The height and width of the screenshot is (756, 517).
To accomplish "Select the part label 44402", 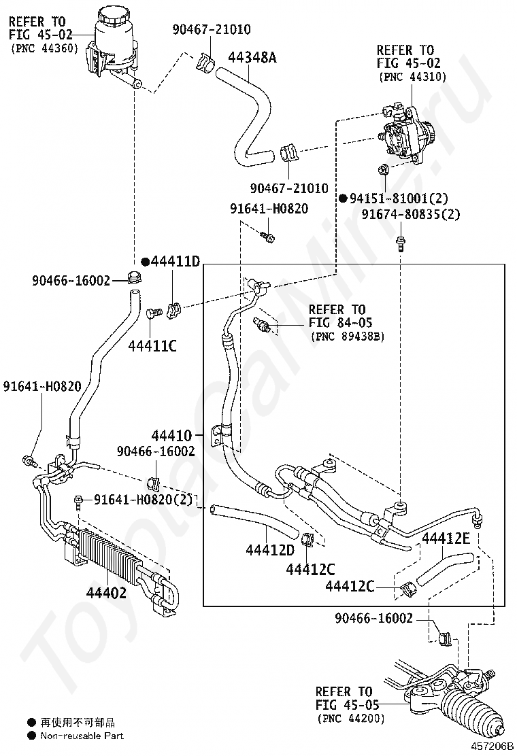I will click(x=106, y=592).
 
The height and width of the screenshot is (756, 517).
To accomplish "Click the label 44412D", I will click(x=270, y=549).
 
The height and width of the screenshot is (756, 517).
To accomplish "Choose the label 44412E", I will click(x=446, y=539).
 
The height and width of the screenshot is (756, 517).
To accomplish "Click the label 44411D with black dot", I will click(x=171, y=262).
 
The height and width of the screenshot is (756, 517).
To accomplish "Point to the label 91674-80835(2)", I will click(x=411, y=214).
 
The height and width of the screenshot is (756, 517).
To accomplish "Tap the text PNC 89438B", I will click(x=347, y=335).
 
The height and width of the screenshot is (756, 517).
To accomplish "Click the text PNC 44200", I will click(x=350, y=718).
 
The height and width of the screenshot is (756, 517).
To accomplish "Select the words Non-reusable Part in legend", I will click(x=82, y=735).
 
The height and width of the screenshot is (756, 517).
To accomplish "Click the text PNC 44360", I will click(x=46, y=48).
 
